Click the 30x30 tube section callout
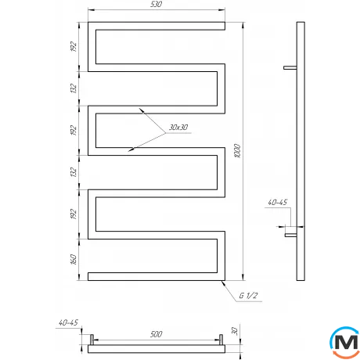[178, 127]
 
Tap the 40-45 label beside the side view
[279, 203]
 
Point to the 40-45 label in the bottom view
[69, 322]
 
